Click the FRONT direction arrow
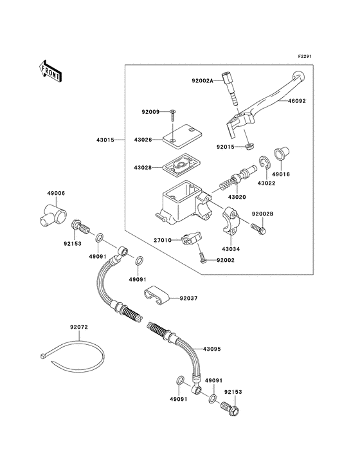(50, 71)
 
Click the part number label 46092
(297, 101)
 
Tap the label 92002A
(203, 80)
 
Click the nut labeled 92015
(249, 147)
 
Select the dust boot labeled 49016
(282, 153)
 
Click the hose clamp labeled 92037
(156, 295)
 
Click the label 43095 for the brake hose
(212, 349)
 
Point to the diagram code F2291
(305, 56)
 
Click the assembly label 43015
(105, 140)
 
